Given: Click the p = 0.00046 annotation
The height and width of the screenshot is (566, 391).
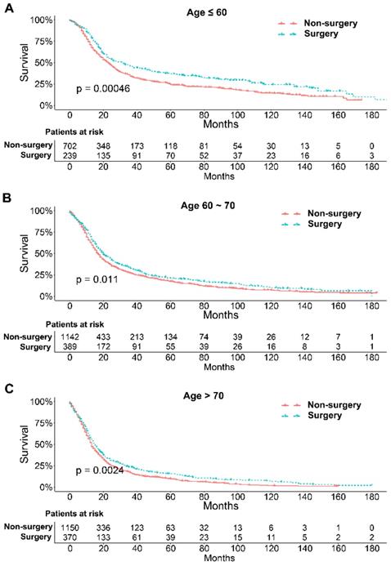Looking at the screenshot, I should click(x=103, y=87).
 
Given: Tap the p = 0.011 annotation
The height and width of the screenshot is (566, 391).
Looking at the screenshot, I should click(x=97, y=279).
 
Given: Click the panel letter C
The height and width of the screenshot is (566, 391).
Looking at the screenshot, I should click(x=8, y=389).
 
